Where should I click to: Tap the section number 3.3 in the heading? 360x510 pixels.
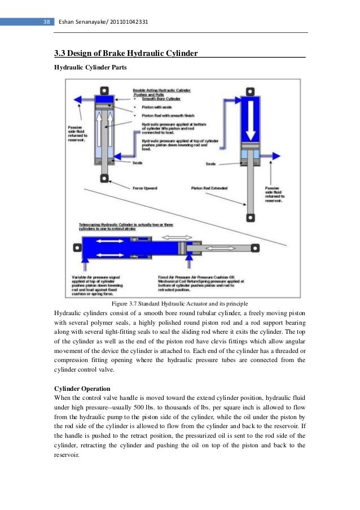(59, 54)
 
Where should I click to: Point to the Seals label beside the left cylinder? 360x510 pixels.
(138, 163)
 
